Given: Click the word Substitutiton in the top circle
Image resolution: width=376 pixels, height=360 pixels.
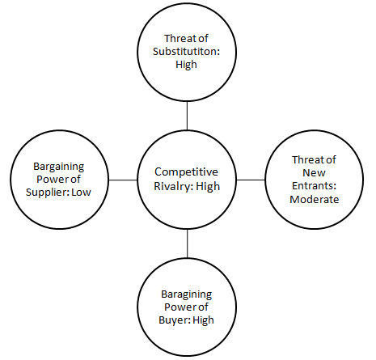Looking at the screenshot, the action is point(185,51).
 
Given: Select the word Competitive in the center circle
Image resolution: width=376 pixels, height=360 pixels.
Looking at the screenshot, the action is point(186,172).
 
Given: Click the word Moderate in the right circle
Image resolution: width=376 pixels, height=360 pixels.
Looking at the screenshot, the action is point(315,199).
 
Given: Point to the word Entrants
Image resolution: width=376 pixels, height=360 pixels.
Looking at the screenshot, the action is point(313,186).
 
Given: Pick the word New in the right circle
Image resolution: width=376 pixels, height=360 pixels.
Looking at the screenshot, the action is point(314,173).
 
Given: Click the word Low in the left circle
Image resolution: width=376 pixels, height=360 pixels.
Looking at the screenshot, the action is point(81,193).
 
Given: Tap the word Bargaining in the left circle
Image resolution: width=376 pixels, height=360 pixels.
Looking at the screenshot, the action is point(59,167).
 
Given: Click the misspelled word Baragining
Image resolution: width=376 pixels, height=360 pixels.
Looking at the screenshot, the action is point(187,294).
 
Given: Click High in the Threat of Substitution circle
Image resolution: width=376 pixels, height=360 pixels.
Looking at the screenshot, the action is point(186,65).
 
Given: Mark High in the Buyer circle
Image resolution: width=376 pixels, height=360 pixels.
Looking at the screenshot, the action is point(204,320).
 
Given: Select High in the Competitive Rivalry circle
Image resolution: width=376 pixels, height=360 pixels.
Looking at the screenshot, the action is point(208,187).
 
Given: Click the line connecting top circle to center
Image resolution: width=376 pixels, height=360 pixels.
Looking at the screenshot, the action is point(187,116).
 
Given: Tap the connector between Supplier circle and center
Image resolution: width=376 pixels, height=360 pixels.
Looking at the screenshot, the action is point(123,180).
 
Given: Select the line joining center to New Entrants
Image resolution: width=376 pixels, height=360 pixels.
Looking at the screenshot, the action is point(251,180).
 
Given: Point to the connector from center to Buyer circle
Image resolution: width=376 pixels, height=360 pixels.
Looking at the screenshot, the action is point(187,244).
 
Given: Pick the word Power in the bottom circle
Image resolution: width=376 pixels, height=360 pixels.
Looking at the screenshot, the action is point(178,307).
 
